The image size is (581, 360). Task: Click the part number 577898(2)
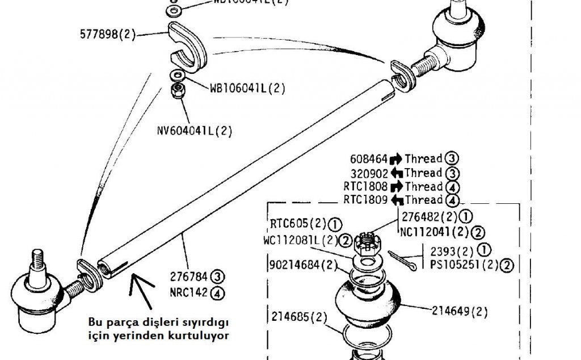coord(107,35)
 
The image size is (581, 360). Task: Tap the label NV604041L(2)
coord(195,131)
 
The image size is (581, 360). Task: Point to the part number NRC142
coord(189,293)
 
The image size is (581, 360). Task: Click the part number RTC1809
coord(365,200)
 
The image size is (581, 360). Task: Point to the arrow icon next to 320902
coord(396,173)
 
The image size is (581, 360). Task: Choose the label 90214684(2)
coord(300,264)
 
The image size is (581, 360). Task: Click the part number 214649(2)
coord(460,311)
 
